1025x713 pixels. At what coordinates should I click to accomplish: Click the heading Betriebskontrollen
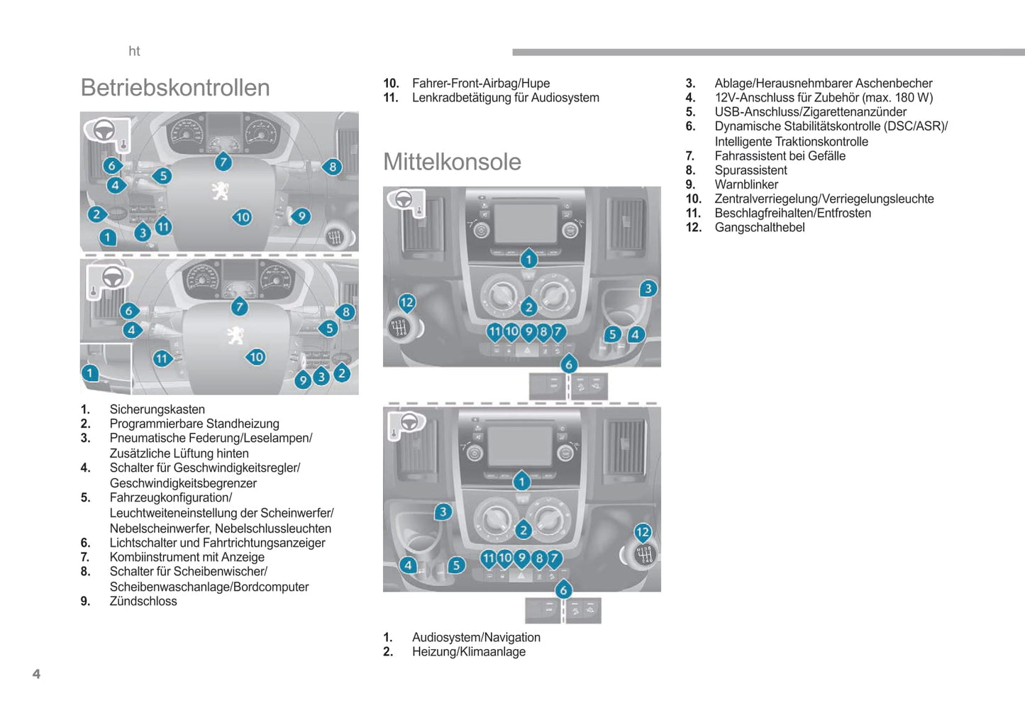click(x=175, y=88)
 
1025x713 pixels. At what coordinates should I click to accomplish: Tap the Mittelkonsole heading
click(x=452, y=162)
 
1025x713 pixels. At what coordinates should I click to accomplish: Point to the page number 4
click(x=36, y=674)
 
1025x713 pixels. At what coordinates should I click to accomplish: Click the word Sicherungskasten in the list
click(x=157, y=409)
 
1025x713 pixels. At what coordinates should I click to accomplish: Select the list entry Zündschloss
click(x=143, y=601)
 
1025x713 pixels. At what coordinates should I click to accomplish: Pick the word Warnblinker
click(x=746, y=184)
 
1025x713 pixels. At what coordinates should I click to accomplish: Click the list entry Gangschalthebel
click(x=759, y=227)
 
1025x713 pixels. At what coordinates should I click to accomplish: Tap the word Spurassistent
click(x=750, y=170)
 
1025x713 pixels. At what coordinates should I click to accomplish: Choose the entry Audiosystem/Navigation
click(x=476, y=637)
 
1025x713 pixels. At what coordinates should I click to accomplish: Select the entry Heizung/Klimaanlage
click(x=469, y=651)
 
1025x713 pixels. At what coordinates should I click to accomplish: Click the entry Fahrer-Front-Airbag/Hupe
click(x=480, y=83)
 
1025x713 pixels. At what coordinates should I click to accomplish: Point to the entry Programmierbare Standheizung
click(x=194, y=424)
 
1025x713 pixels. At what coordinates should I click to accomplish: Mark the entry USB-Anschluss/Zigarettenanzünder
click(x=810, y=112)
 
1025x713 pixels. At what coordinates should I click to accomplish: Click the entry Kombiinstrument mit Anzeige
click(x=187, y=557)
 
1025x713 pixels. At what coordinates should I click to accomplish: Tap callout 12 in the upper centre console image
click(x=406, y=303)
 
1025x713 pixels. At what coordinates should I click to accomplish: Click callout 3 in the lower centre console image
click(x=443, y=512)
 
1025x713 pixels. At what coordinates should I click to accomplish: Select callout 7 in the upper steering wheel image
click(x=223, y=162)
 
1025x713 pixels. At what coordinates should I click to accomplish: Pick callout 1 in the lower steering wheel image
click(x=89, y=372)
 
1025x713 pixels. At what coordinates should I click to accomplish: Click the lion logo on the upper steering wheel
click(x=220, y=190)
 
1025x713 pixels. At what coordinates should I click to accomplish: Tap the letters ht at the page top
click(x=134, y=51)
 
